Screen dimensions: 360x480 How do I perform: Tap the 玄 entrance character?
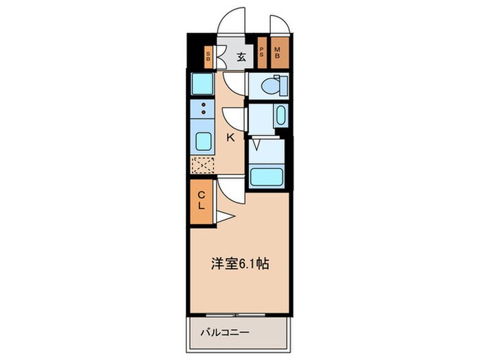point(241,58)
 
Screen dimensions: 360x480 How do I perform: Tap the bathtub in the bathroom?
point(266,177)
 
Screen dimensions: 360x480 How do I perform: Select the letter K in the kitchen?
point(231,138)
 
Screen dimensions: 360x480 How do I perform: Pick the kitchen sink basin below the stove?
point(204,143)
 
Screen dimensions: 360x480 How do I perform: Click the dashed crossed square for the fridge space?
point(202,165)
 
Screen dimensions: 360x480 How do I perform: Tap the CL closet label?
point(202,200)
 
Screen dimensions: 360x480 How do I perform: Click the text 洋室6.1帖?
point(239,263)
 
